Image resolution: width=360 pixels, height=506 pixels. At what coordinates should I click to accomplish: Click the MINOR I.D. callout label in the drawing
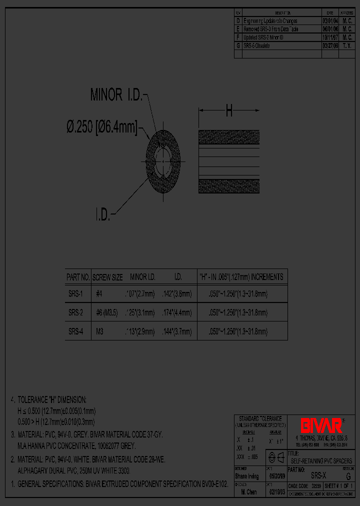(x=116, y=94)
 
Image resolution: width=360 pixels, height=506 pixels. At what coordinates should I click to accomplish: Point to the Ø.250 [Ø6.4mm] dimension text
(x=102, y=127)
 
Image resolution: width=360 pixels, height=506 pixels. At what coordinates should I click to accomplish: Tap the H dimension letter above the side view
(x=229, y=111)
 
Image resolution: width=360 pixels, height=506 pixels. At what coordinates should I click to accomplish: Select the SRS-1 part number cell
(x=76, y=294)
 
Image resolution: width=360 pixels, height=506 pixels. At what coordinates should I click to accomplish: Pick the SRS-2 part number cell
(x=76, y=313)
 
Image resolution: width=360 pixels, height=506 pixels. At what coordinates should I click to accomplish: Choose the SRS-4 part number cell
(x=76, y=331)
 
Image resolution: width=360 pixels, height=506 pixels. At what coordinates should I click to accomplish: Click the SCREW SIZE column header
(x=108, y=276)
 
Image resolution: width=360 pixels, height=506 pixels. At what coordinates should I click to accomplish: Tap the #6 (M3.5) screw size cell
(x=107, y=313)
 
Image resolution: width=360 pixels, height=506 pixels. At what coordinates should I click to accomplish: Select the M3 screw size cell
(x=99, y=331)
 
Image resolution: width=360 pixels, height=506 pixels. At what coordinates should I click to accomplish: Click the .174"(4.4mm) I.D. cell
(x=177, y=313)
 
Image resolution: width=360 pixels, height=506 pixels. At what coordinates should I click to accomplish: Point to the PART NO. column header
(x=78, y=276)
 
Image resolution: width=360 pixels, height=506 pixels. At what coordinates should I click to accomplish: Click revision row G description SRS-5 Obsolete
(x=256, y=45)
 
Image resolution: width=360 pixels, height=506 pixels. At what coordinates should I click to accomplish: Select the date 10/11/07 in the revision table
(x=330, y=37)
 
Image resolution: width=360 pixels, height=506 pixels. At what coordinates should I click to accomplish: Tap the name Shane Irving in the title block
(x=246, y=476)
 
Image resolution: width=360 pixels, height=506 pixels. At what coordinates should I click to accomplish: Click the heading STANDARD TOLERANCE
(x=260, y=418)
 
